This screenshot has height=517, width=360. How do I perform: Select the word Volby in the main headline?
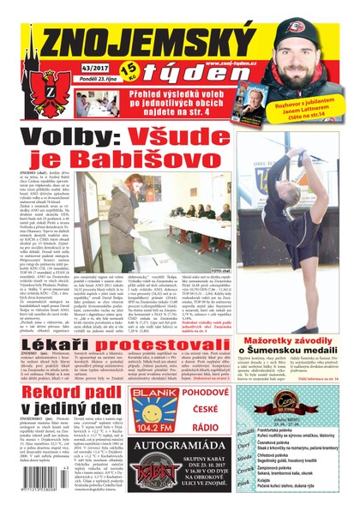click(72, 135)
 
